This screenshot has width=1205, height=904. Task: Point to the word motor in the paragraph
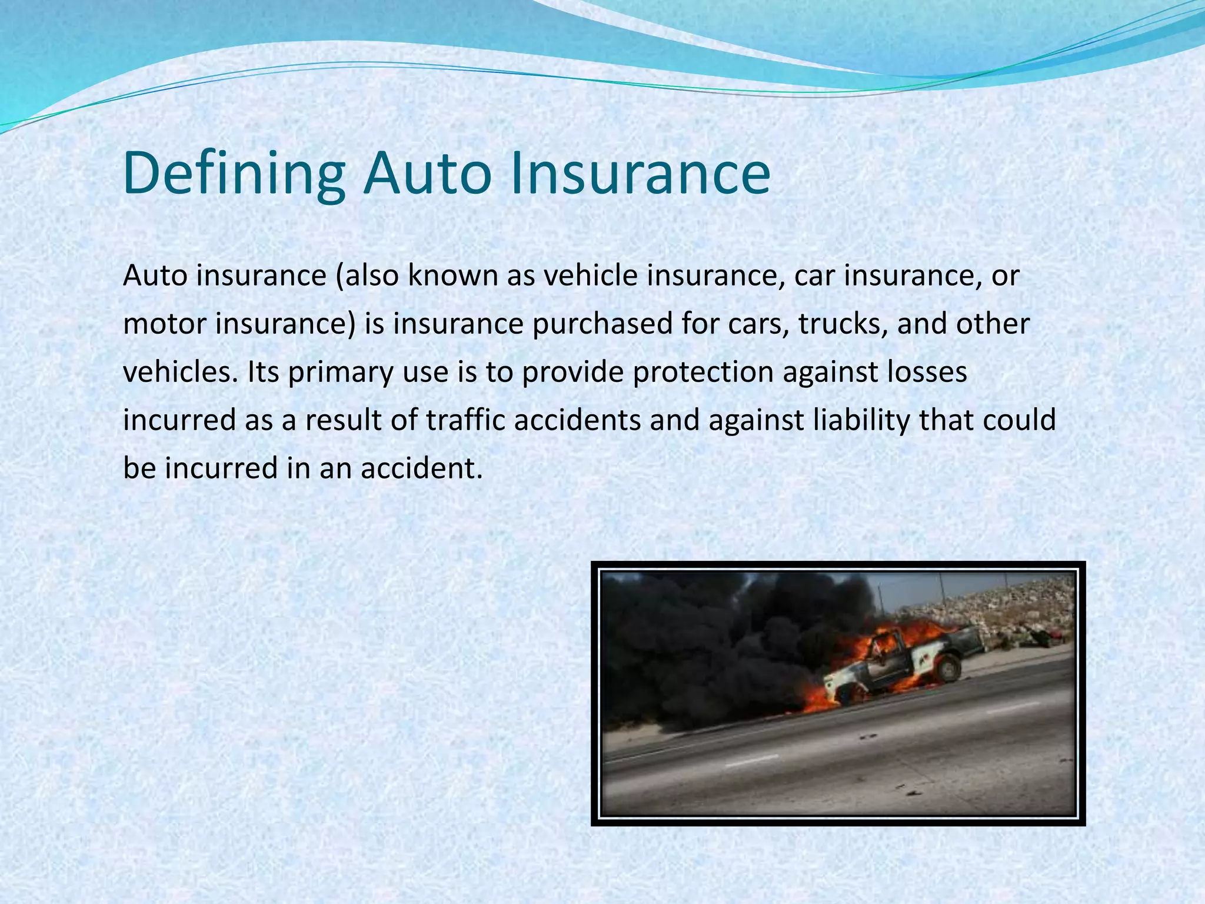[x=164, y=324]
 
